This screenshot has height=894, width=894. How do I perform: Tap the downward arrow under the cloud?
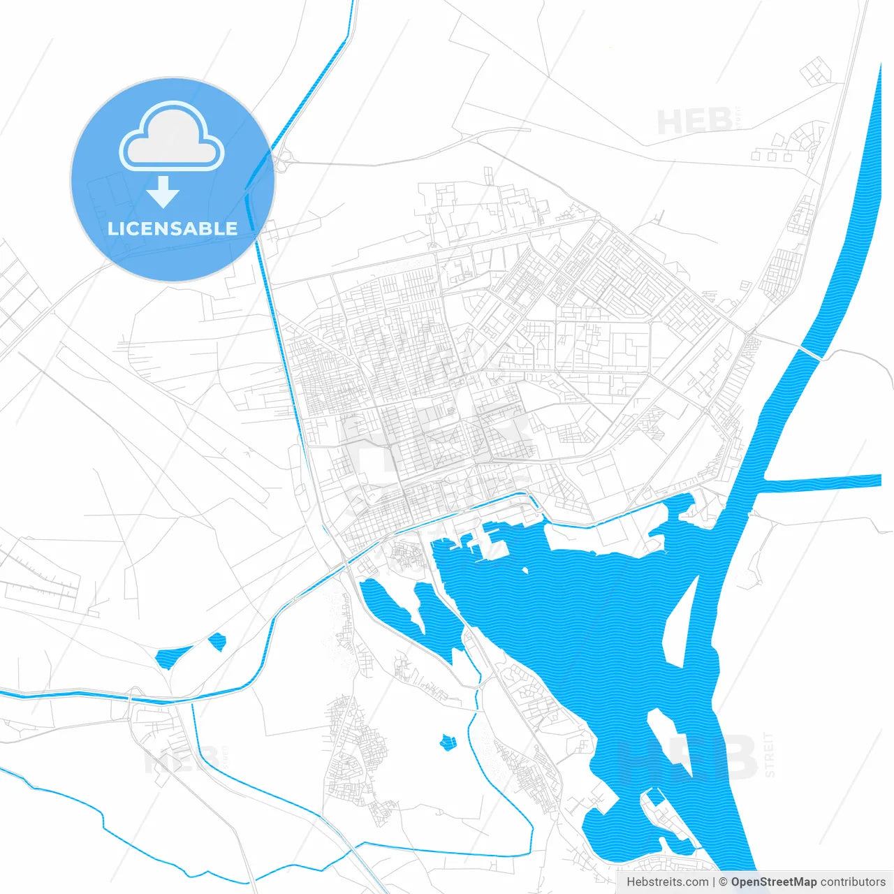tap(163, 191)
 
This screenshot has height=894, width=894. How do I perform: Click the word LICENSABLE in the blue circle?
tap(173, 228)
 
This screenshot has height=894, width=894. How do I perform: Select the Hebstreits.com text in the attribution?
tap(667, 882)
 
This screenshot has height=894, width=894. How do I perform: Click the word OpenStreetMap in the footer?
tap(773, 882)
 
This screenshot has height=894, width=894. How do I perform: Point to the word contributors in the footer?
tap(853, 882)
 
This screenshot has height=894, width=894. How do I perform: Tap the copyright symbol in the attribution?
tap(724, 882)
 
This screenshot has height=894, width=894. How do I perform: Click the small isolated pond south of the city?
tap(447, 741)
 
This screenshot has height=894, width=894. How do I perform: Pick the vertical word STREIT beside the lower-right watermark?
tap(769, 754)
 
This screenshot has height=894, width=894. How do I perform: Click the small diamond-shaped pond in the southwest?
tap(217, 641)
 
